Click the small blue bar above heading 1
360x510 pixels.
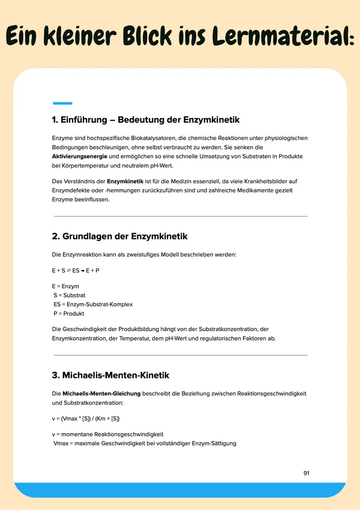pyautogui.click(x=62, y=103)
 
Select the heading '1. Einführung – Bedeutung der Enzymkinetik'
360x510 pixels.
pyautogui.click(x=146, y=120)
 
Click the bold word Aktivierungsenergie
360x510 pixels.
pyautogui.click(x=79, y=156)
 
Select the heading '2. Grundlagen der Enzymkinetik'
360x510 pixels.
pyautogui.click(x=120, y=236)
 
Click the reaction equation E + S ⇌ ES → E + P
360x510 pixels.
pyautogui.click(x=76, y=270)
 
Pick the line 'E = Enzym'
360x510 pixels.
pyautogui.click(x=66, y=287)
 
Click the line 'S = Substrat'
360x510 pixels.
pyautogui.click(x=69, y=296)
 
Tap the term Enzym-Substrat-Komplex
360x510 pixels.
pyautogui.click(x=99, y=305)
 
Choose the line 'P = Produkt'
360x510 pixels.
pyautogui.click(x=68, y=314)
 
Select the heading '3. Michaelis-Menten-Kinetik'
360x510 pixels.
pyautogui.click(x=111, y=375)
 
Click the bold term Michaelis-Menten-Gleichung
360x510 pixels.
pyautogui.click(x=101, y=393)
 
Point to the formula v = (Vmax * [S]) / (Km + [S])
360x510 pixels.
pyautogui.click(x=85, y=419)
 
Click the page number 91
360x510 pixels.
pyautogui.click(x=306, y=473)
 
